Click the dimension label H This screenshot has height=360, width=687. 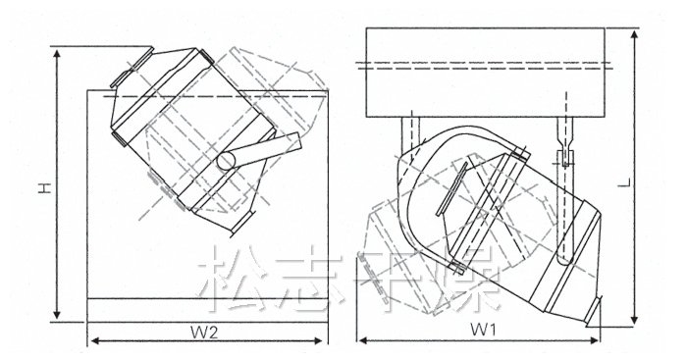tap(45, 188)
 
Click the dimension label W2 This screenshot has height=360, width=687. tap(204, 333)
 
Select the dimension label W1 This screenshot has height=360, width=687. tap(483, 330)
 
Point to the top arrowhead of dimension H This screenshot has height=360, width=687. tap(57, 53)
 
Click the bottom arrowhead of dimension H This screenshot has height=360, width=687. tap(57, 314)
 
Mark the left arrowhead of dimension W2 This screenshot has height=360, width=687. tap(94, 340)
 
